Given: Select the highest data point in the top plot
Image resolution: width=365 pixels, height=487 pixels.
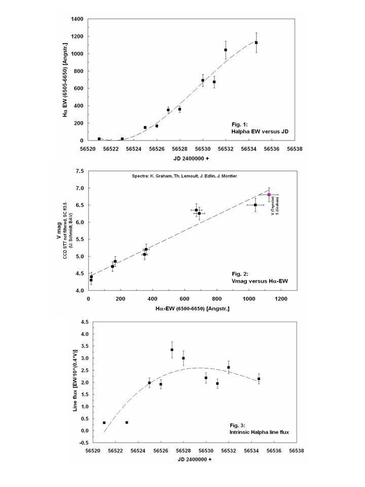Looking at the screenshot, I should [257, 43].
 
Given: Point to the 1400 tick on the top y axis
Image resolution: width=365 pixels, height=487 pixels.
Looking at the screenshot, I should [76, 19].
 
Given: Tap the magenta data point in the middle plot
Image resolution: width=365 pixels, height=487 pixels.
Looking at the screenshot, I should [269, 194].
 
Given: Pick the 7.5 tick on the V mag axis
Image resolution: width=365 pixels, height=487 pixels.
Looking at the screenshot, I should [80, 171].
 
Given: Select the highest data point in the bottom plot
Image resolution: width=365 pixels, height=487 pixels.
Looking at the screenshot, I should [172, 350].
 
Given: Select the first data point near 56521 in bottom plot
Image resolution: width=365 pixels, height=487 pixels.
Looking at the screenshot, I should [104, 423].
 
